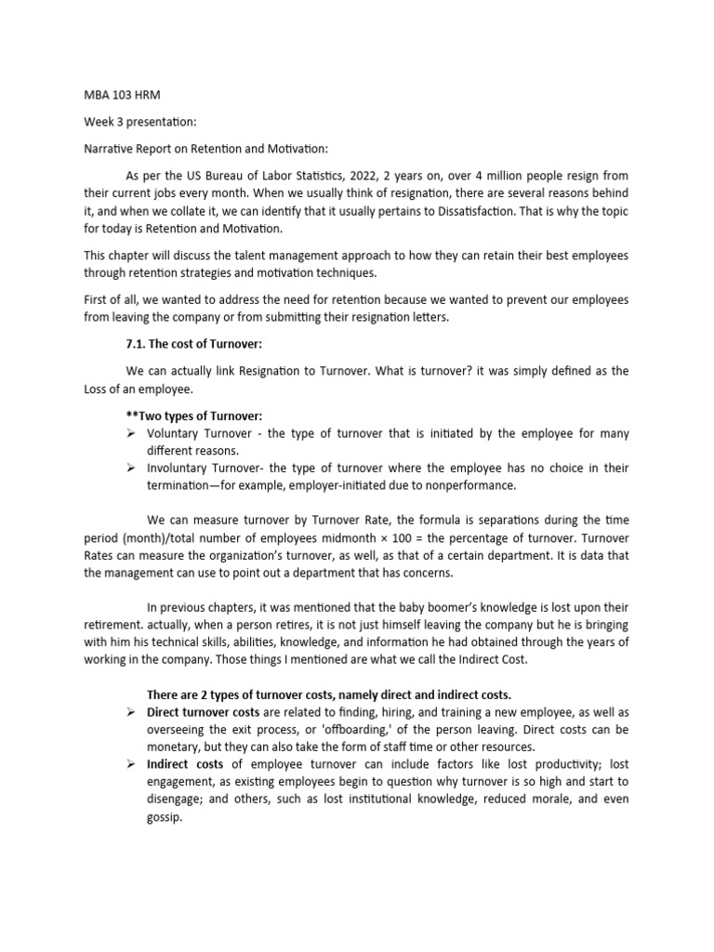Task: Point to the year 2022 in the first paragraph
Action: tap(360, 175)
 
